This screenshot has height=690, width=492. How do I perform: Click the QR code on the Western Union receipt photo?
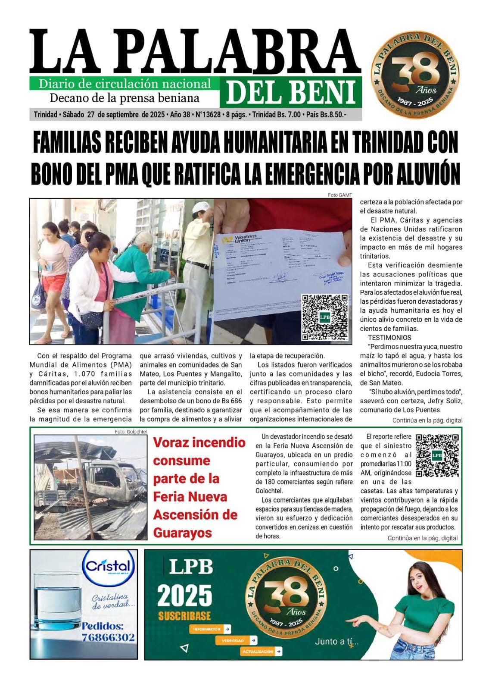tap(325, 317)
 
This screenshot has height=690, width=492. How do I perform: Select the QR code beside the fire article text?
tap(437, 455)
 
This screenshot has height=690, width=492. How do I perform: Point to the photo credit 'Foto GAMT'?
tap(340, 195)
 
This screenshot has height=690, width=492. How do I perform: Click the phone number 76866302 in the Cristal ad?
tap(108, 637)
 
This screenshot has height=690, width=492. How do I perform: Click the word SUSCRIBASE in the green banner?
tap(184, 615)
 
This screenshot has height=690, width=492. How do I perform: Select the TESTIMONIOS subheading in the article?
tap(389, 338)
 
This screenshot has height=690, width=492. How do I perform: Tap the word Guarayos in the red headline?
tap(182, 533)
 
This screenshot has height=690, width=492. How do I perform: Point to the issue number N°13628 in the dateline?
tap(208, 115)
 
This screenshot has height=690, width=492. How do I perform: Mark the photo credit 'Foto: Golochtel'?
tap(131, 432)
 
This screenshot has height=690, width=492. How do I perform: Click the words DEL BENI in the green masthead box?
tap(291, 92)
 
